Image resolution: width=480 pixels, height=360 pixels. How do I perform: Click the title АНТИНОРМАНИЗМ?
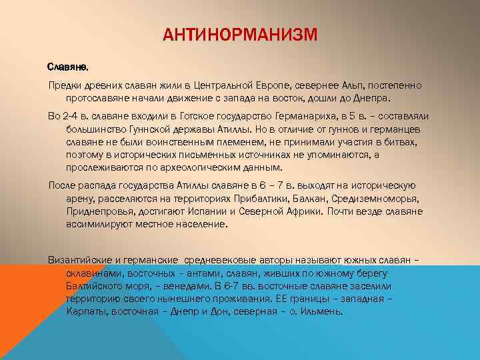(240, 34)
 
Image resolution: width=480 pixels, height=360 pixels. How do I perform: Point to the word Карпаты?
(86, 311)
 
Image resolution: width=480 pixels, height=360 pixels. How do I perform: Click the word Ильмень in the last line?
(323, 311)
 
